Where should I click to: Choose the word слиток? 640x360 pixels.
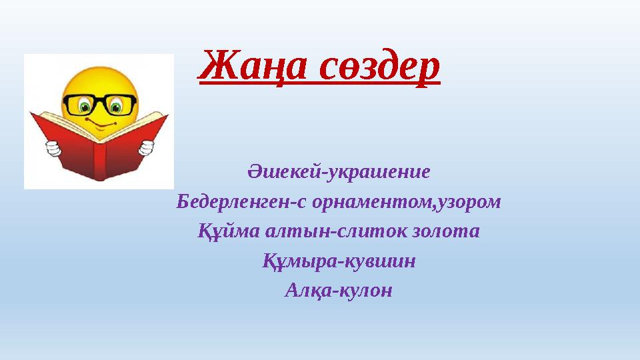pyautogui.click(x=361, y=231)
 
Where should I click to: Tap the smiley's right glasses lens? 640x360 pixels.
pyautogui.click(x=121, y=105)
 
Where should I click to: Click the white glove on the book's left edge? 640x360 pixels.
pyautogui.click(x=50, y=147)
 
